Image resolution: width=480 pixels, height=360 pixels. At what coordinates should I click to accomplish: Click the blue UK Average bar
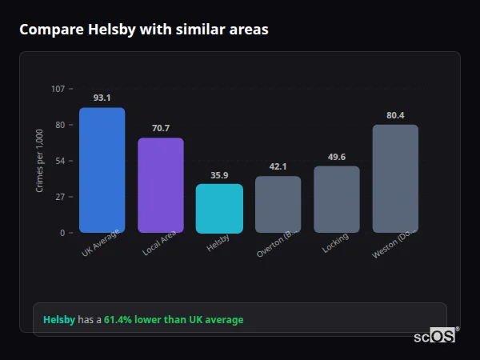tap(102, 170)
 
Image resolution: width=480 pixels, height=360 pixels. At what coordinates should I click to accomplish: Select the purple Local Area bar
tap(161, 186)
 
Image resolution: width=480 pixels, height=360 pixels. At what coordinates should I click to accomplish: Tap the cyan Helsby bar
tap(219, 209)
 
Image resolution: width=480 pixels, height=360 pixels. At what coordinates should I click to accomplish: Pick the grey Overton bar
tap(278, 205)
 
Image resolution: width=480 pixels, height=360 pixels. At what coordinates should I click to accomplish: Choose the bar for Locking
tap(337, 199)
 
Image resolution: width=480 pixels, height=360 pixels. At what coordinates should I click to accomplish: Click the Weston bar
tap(395, 178)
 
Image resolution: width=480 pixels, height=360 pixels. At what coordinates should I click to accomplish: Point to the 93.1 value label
tap(102, 98)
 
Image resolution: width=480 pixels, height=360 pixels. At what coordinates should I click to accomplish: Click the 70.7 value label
tap(161, 128)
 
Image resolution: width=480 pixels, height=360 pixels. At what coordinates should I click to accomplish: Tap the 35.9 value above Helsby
tap(219, 174)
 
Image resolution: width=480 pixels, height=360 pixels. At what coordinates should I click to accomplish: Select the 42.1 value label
tap(278, 166)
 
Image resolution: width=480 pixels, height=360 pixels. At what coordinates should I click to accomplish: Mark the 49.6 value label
tap(337, 157)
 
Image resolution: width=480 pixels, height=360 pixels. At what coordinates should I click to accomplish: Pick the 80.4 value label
tap(395, 115)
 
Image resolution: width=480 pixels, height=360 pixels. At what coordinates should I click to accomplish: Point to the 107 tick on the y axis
tap(58, 88)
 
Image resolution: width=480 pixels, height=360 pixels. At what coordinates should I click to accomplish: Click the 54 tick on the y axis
tap(60, 161)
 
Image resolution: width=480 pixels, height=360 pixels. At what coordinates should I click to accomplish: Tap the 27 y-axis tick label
tap(60, 197)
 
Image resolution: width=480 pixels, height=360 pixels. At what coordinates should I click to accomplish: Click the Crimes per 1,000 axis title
tap(40, 161)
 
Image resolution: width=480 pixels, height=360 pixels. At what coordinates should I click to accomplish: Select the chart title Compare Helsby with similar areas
tap(144, 30)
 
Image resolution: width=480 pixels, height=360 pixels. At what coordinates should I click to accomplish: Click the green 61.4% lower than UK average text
tap(174, 320)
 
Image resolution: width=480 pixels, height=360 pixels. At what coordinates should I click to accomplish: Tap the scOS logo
tap(435, 336)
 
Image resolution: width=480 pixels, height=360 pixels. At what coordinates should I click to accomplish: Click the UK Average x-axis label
tap(101, 243)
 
